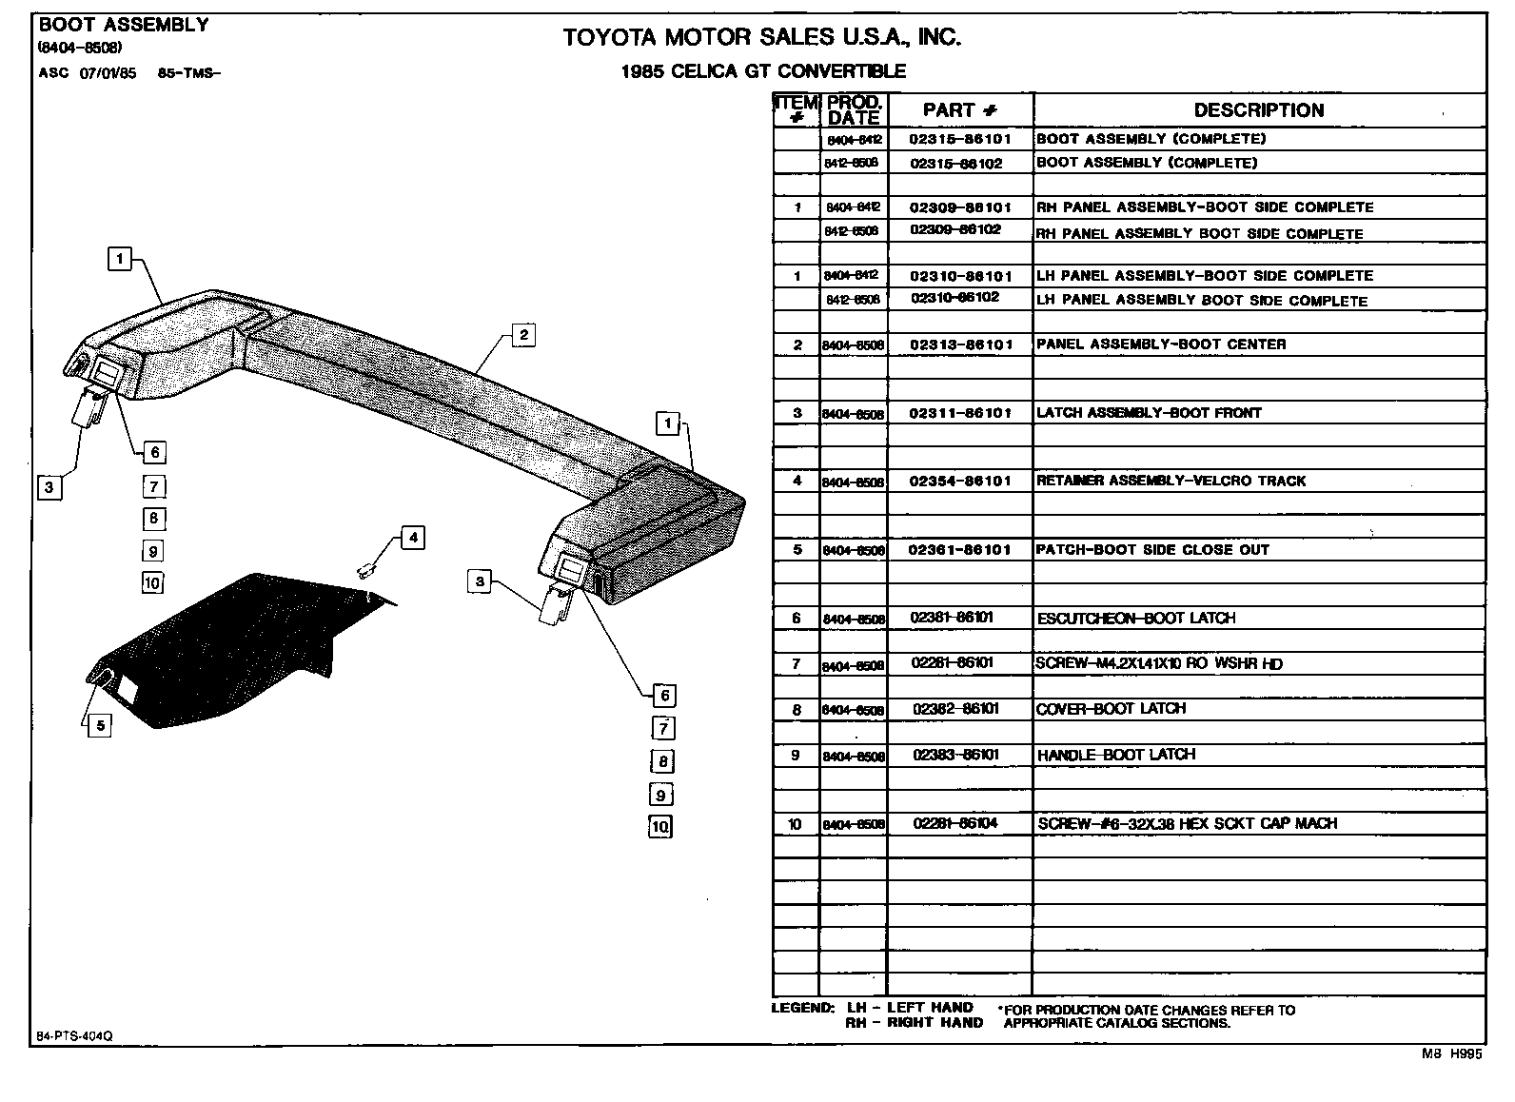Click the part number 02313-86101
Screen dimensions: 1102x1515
[960, 344]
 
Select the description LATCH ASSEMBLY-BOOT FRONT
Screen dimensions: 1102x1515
[1148, 413]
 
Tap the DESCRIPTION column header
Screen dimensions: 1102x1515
[1258, 110]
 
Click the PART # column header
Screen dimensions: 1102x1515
[960, 110]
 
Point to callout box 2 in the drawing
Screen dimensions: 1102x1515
[522, 334]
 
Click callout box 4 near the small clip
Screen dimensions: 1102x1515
[412, 538]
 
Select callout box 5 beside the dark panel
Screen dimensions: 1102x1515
[99, 726]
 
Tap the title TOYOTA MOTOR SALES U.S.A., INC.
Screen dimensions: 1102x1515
[761, 38]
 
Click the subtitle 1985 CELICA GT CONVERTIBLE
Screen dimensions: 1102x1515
[762, 71]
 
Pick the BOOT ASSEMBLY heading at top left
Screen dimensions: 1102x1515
[124, 25]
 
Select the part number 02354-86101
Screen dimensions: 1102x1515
[960, 482]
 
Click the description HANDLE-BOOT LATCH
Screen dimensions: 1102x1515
[1115, 755]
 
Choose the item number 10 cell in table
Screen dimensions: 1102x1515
[796, 824]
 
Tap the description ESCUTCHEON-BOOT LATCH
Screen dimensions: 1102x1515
[1135, 619]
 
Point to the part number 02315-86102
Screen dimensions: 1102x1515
[956, 164]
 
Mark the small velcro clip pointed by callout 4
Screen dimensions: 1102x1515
[364, 570]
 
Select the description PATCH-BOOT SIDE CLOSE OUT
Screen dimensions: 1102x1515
[1151, 550]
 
